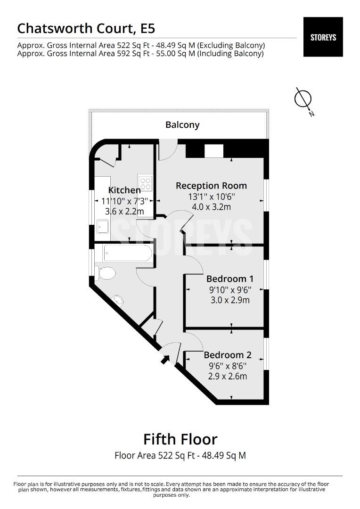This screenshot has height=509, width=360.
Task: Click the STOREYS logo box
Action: tap(323, 37)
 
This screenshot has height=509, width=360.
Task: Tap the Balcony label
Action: tap(182, 125)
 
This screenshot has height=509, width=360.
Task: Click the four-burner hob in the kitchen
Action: tap(145, 183)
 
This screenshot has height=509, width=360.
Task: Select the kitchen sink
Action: tap(103, 226)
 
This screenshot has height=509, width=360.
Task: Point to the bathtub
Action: tap(127, 253)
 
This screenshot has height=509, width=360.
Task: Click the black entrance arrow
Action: tap(165, 359)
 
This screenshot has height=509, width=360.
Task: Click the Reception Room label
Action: tap(211, 186)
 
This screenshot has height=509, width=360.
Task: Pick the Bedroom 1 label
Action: tap(230, 279)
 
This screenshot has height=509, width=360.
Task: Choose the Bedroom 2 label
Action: tap(228, 355)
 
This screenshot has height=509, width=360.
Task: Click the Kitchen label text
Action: tap(124, 190)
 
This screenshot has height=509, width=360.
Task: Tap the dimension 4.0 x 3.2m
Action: tap(211, 207)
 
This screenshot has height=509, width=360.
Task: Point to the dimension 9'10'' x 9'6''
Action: tap(230, 289)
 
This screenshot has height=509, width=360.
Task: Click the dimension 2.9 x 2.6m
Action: tap(228, 376)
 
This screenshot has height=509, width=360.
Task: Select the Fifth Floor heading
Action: tap(180, 440)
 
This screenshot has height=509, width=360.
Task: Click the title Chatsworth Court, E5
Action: tap(86, 29)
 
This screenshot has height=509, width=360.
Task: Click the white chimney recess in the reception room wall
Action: tap(214, 151)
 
